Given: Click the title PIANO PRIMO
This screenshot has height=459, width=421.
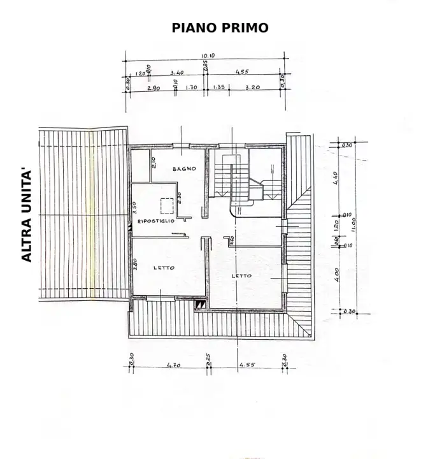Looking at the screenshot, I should pyautogui.click(x=220, y=27).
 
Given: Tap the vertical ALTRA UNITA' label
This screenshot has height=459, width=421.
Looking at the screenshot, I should pyautogui.click(x=27, y=215).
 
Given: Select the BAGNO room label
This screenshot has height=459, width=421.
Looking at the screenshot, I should pyautogui.click(x=183, y=169).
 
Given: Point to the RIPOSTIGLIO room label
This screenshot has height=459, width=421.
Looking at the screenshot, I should pyautogui.click(x=152, y=221).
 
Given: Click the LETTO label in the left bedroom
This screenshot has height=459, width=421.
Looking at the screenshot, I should pyautogui.click(x=164, y=268).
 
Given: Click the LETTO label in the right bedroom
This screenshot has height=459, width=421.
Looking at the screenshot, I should pyautogui.click(x=241, y=275).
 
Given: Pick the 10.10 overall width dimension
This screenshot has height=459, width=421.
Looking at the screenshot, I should pyautogui.click(x=208, y=56).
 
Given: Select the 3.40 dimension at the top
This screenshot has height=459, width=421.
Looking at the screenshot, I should pyautogui.click(x=178, y=73).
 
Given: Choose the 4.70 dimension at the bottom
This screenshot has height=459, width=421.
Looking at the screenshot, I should pyautogui.click(x=171, y=365).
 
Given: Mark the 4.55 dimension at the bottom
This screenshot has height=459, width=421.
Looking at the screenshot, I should pyautogui.click(x=247, y=365).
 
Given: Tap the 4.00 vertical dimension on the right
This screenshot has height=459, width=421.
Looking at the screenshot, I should pyautogui.click(x=336, y=275).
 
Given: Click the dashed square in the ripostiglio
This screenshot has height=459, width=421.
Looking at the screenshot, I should pyautogui.click(x=168, y=206).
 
